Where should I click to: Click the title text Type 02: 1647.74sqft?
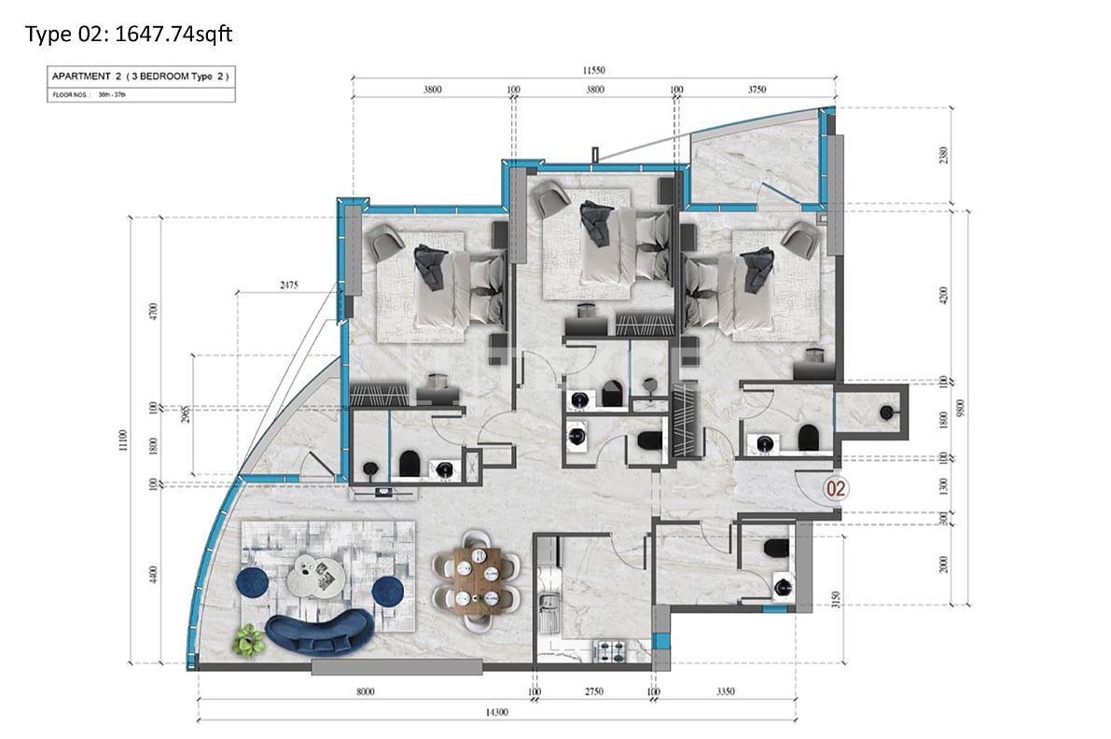pyautogui.click(x=129, y=35)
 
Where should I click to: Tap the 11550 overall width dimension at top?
pyautogui.click(x=595, y=70)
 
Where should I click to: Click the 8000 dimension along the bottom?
pyautogui.click(x=365, y=691)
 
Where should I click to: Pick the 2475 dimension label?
pyautogui.click(x=287, y=286)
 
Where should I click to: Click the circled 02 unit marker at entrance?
pyautogui.click(x=836, y=487)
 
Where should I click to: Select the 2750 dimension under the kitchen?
pyautogui.click(x=594, y=691)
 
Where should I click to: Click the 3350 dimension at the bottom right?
pyautogui.click(x=725, y=691)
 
